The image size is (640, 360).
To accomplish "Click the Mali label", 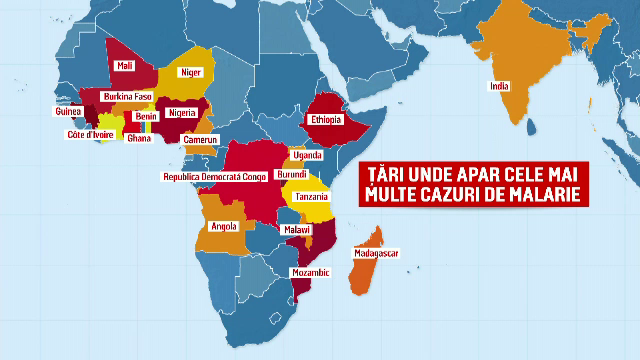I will (125, 65).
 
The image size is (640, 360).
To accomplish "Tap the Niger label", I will (190, 72).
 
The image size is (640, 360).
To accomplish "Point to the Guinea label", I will (69, 112).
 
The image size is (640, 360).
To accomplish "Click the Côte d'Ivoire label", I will (89, 134).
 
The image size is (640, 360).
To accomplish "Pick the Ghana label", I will (139, 139).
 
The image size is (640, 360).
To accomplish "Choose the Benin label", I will (146, 116).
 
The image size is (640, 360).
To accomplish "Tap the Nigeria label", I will (182, 113).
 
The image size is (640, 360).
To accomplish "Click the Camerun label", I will (200, 140).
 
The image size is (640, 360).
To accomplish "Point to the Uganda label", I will (307, 156).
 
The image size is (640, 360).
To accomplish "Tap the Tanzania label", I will (312, 197).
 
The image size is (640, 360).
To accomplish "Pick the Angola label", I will (224, 226).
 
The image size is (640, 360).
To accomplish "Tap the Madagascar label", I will (376, 254).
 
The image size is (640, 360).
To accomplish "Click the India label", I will (499, 86).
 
